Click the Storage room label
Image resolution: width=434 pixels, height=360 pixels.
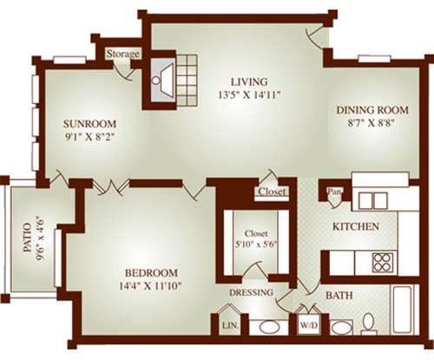[123, 54]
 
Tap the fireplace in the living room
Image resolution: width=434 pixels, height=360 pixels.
[163, 79]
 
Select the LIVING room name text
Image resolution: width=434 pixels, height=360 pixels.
[249, 82]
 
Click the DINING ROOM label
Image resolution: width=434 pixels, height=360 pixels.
[372, 110]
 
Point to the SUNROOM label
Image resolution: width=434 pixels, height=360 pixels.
[89, 124]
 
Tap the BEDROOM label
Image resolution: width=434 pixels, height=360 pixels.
[151, 272]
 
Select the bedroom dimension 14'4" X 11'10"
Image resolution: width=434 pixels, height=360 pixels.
[150, 286]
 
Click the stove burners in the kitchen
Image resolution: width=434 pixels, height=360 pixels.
[383, 262]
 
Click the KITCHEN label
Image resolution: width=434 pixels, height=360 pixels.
[356, 226]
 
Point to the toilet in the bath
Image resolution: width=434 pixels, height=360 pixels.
[369, 322]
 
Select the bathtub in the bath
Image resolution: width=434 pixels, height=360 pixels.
[404, 310]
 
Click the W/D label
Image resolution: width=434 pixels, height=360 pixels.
[308, 325]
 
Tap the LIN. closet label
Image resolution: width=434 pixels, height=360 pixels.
[230, 326]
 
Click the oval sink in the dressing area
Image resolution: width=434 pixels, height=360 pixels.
[269, 328]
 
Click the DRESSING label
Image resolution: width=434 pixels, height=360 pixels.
[251, 292]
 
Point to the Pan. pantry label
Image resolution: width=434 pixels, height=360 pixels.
[333, 191]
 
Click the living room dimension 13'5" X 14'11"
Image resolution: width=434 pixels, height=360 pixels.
[250, 95]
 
